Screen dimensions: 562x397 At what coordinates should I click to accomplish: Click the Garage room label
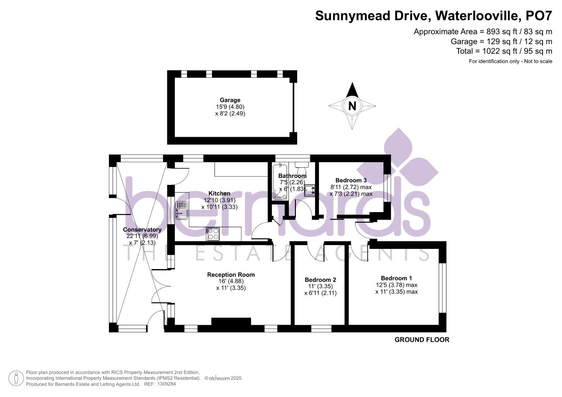230,100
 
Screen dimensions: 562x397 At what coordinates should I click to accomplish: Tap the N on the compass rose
352,106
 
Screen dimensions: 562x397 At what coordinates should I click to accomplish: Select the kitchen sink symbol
182,210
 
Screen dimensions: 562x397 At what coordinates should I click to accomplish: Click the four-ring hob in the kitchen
212,234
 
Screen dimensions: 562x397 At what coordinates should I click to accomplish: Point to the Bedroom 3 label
351,180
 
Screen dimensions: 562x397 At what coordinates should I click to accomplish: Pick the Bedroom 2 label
321,280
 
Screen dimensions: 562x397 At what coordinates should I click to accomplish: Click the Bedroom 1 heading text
396,278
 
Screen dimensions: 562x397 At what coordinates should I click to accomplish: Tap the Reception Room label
231,275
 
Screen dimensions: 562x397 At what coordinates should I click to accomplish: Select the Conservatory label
142,230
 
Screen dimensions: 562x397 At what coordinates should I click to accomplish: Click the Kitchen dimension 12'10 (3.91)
219,200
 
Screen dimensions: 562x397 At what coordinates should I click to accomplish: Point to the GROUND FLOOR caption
422,340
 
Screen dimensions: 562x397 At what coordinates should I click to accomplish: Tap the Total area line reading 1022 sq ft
504,51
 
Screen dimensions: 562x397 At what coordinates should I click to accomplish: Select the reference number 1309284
167,384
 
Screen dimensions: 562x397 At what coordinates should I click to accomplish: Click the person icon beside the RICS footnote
16,378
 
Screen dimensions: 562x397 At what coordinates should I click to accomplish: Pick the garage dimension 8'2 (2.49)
230,114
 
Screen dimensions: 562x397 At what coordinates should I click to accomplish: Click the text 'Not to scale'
538,61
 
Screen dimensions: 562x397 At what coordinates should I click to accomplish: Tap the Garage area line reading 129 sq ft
501,41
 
